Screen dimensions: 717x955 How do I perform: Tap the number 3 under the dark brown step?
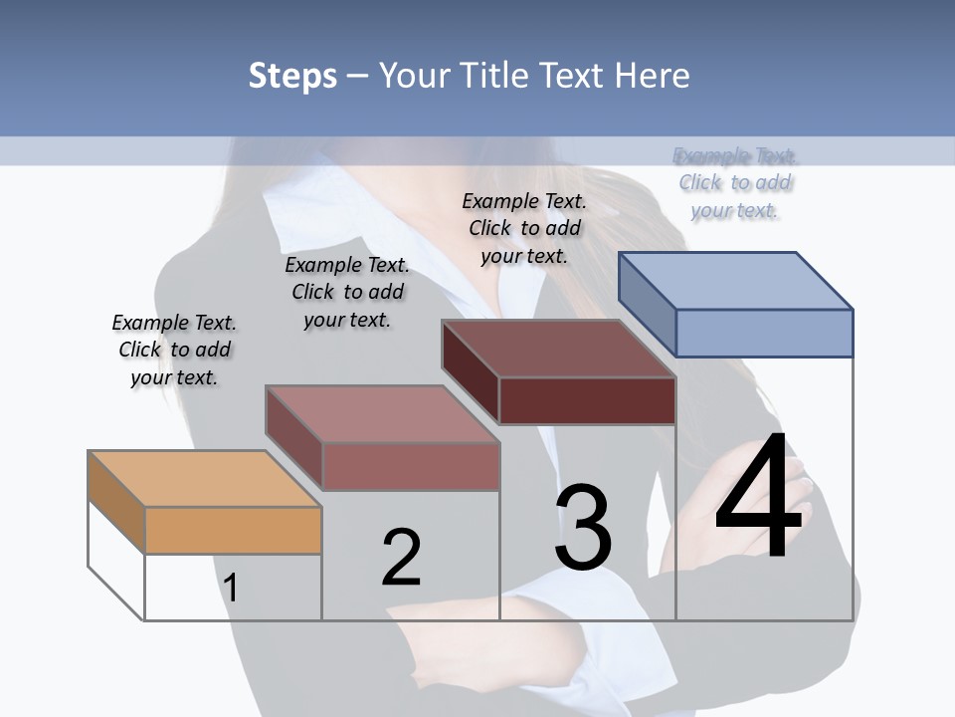[583, 528]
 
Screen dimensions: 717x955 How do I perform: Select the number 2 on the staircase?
[402, 557]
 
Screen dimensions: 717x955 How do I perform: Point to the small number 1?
[231, 588]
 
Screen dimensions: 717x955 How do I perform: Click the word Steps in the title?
[292, 76]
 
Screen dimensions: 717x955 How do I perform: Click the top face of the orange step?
[204, 479]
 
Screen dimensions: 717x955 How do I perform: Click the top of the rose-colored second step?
[382, 414]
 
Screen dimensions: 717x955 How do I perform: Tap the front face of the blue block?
[764, 333]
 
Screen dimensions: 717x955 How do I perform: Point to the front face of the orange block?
[233, 530]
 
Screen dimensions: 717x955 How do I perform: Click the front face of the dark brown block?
[587, 400]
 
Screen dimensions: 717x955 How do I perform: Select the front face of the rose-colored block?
[410, 466]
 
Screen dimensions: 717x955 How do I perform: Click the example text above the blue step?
[736, 183]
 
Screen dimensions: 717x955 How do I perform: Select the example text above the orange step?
[174, 350]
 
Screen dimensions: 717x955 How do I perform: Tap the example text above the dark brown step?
[524, 228]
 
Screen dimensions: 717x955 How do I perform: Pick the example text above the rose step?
[347, 292]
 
